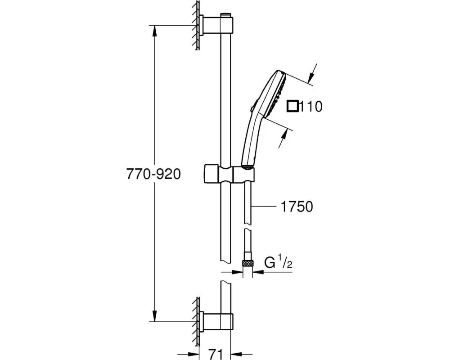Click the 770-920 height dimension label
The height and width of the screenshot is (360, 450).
[x=153, y=174]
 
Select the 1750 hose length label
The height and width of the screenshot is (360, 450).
[x=297, y=207]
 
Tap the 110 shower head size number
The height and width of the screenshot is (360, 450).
[x=311, y=107]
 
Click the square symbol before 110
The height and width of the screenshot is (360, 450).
[x=293, y=107]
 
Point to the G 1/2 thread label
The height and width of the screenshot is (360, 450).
[x=278, y=262]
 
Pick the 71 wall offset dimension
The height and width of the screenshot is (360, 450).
[x=215, y=354]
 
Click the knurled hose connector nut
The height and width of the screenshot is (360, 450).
[x=247, y=263]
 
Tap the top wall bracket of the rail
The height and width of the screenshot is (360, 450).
[x=216, y=26]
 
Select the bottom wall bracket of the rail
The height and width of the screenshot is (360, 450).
[x=216, y=322]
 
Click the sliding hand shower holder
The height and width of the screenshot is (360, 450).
[x=229, y=173]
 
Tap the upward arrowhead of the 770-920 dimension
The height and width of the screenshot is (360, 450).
[x=155, y=31]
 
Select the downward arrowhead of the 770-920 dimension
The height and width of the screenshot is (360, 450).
[x=155, y=316]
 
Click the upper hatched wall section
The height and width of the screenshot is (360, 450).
[x=196, y=26]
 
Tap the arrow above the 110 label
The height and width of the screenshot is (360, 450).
[x=312, y=73]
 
